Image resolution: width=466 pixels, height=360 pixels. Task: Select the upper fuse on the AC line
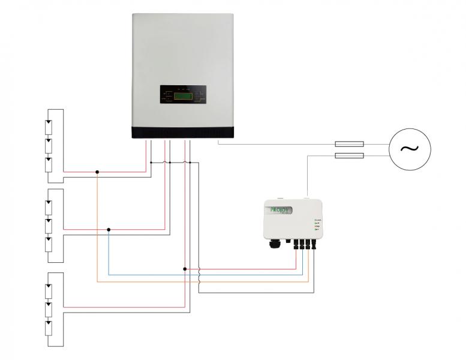(x=348, y=144)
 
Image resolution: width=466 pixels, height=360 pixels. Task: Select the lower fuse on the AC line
(x=348, y=156)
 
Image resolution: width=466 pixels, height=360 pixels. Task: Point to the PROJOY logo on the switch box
(x=281, y=211)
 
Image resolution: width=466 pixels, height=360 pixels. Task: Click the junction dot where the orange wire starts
(x=97, y=172)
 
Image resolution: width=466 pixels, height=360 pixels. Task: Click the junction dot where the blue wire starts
(x=109, y=229)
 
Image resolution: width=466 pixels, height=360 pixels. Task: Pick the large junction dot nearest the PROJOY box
(x=185, y=269)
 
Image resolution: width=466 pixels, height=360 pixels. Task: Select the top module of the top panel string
(x=49, y=127)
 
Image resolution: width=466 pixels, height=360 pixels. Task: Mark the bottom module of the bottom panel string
(x=49, y=328)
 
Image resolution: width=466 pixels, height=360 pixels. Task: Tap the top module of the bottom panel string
(x=49, y=290)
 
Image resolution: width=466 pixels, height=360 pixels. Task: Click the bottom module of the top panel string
(x=49, y=164)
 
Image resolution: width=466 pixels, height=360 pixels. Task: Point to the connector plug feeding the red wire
(x=296, y=245)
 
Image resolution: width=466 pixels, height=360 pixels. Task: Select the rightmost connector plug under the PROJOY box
(x=314, y=245)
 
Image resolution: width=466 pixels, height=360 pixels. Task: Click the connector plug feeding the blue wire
(x=302, y=245)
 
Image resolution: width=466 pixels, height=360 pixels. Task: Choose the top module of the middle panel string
(x=49, y=207)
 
